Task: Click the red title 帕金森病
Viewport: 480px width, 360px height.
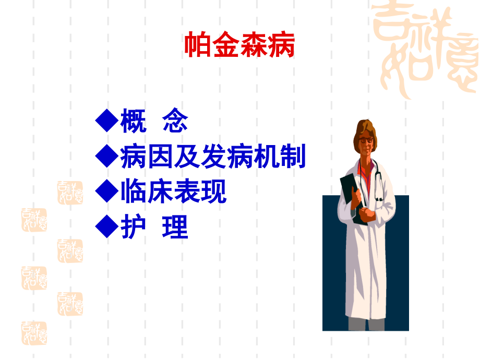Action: (x=239, y=46)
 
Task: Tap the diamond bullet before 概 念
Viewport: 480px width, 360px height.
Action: (x=106, y=121)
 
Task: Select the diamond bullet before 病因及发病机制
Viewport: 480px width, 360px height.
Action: (x=106, y=157)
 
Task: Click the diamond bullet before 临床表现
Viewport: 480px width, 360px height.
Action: (x=106, y=191)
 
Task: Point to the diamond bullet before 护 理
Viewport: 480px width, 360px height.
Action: (x=106, y=227)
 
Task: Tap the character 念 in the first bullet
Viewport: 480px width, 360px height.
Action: (x=175, y=121)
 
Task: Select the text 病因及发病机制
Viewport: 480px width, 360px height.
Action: (x=213, y=157)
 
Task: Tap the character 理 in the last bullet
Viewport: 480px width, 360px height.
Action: (x=175, y=227)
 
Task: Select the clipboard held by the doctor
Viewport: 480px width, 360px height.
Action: (x=351, y=196)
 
